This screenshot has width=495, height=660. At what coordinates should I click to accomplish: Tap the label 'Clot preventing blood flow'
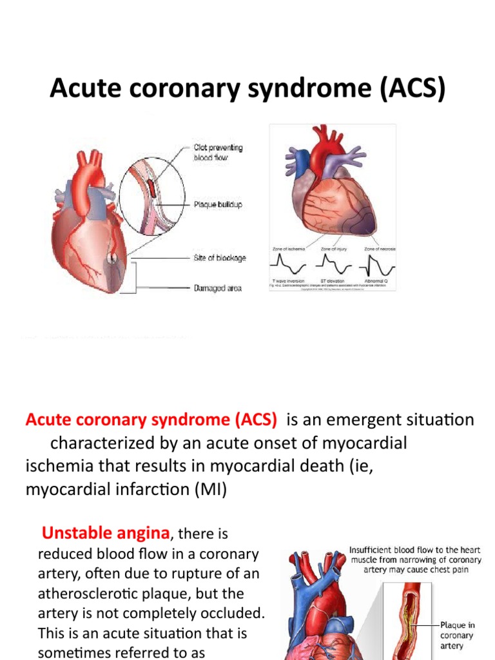pos(218,153)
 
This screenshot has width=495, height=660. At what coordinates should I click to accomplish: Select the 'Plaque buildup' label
pos(218,205)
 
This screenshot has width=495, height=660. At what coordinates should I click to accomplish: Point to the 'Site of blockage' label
pos(220,258)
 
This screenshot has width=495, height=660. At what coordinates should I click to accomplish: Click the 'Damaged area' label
pos(218,288)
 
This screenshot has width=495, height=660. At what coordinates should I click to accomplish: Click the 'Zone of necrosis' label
pos(380,248)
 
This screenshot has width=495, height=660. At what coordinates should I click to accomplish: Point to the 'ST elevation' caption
pos(333,282)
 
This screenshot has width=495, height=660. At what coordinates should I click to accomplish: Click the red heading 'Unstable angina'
pos(106,533)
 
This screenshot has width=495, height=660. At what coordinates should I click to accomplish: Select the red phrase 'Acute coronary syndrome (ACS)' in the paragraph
pos(151,420)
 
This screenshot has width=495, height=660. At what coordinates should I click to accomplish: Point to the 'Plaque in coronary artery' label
pos(457,636)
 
